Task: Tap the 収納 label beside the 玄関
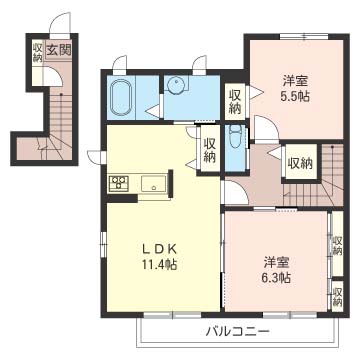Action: coord(37,51)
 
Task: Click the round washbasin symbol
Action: coord(175,87)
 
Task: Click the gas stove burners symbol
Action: coord(119,181)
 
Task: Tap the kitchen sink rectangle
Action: coord(155,181)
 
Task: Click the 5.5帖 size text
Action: coord(293,97)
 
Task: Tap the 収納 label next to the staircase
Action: coord(299,161)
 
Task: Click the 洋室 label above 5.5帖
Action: coord(293,81)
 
